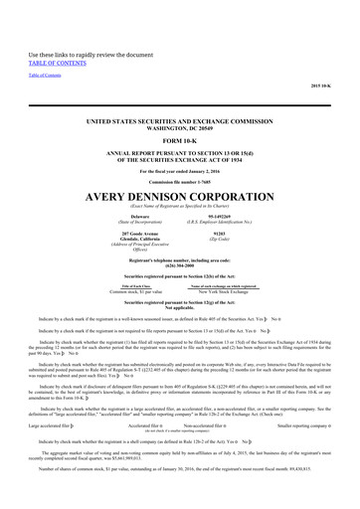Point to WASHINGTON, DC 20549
(x=180, y=96)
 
